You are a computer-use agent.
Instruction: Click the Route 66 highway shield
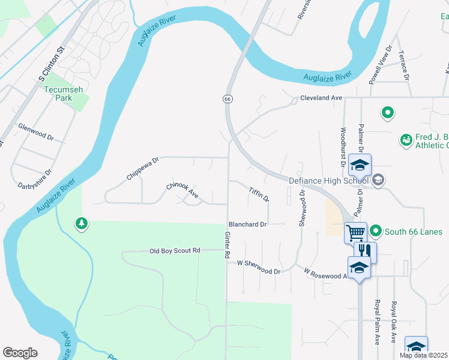(x=228, y=98)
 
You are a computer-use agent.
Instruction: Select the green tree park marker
(x=81, y=224)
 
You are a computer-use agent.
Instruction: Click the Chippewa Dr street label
(x=142, y=169)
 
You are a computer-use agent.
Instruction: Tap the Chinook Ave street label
(x=182, y=191)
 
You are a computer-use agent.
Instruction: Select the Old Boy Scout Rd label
(x=174, y=250)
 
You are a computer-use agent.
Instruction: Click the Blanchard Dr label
(x=247, y=224)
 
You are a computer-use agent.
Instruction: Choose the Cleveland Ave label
(x=321, y=97)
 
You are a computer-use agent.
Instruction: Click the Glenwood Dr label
(x=36, y=132)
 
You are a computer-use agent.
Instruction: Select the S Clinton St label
(x=52, y=62)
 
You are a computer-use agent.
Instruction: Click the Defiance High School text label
(x=328, y=181)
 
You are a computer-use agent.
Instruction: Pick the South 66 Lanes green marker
(x=376, y=231)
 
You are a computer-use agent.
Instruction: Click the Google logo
(x=20, y=353)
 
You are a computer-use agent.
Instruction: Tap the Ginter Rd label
(x=228, y=246)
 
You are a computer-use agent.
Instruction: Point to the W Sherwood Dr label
(x=259, y=268)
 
